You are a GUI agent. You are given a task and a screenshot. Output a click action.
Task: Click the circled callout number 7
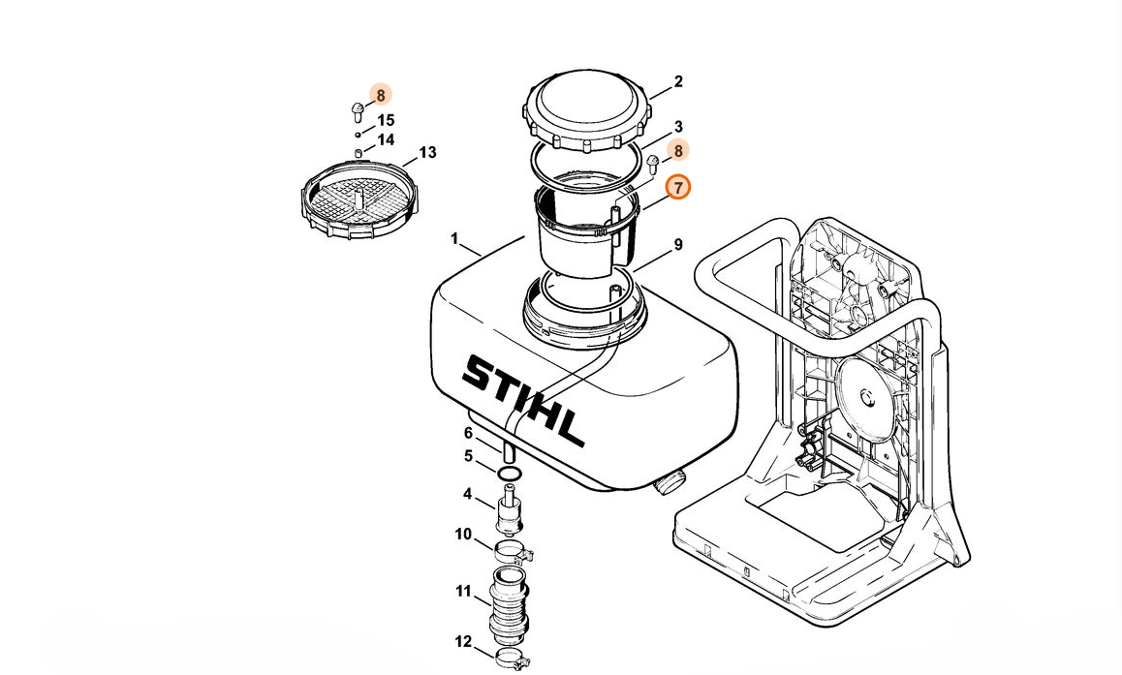(x=678, y=187)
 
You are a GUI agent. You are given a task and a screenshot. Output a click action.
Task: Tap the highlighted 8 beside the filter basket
(x=678, y=151)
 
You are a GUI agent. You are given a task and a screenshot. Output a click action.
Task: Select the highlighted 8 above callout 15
(x=381, y=95)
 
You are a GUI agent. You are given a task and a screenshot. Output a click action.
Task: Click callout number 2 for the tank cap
(x=678, y=82)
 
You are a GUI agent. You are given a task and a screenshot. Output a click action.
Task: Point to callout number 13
(x=427, y=153)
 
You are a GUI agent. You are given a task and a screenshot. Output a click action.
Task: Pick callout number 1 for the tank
(x=454, y=238)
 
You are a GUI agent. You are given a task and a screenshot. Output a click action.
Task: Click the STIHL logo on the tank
(x=523, y=398)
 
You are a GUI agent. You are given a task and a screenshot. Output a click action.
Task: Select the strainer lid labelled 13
(x=359, y=199)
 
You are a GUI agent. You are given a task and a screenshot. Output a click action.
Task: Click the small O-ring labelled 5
(x=509, y=473)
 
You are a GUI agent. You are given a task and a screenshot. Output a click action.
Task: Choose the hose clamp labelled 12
(x=513, y=659)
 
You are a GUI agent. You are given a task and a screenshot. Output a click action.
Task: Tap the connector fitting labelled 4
(x=509, y=509)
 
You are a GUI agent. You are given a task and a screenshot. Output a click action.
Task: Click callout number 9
(x=678, y=245)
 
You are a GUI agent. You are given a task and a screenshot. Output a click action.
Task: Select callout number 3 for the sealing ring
(x=678, y=127)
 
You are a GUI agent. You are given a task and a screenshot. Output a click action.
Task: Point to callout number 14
(x=386, y=140)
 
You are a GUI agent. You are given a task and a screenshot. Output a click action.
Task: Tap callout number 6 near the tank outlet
(x=469, y=434)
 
